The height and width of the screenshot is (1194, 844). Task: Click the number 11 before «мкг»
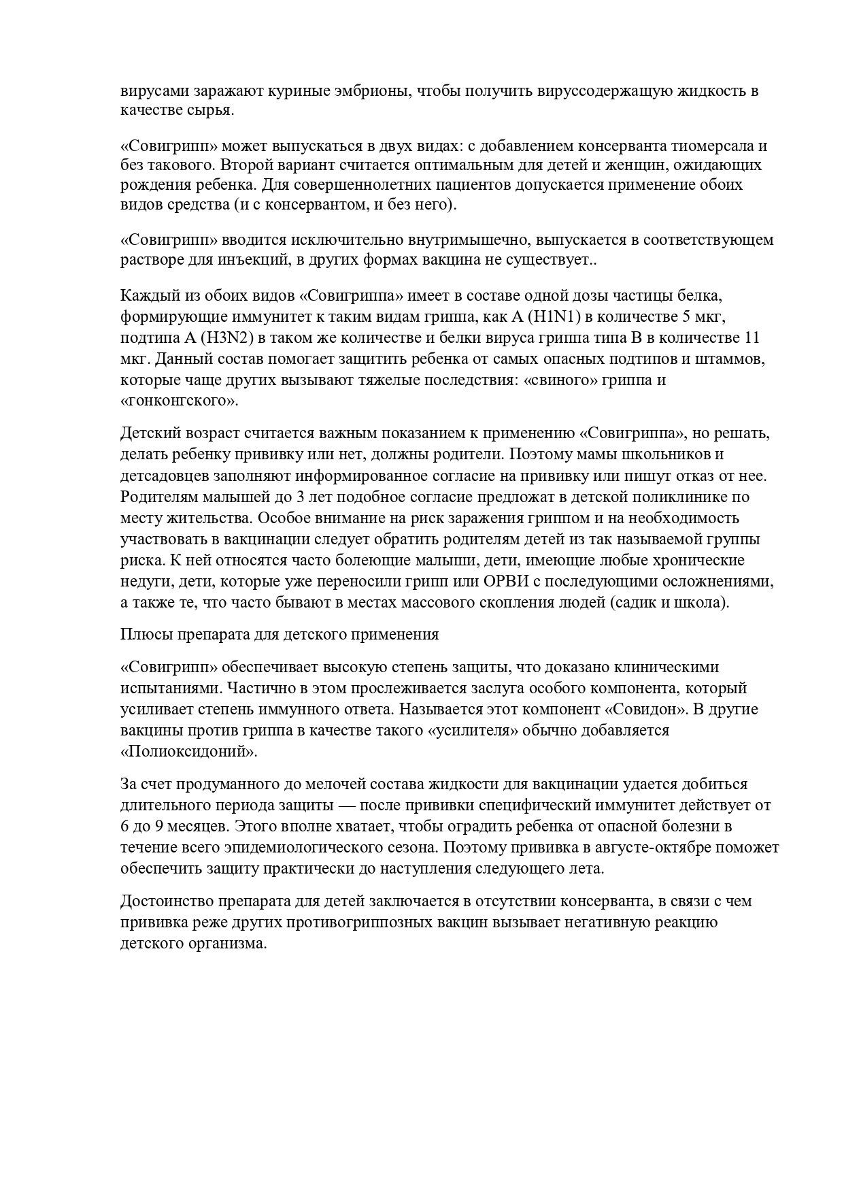point(752,337)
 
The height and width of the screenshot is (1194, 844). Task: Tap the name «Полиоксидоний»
point(189,752)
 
